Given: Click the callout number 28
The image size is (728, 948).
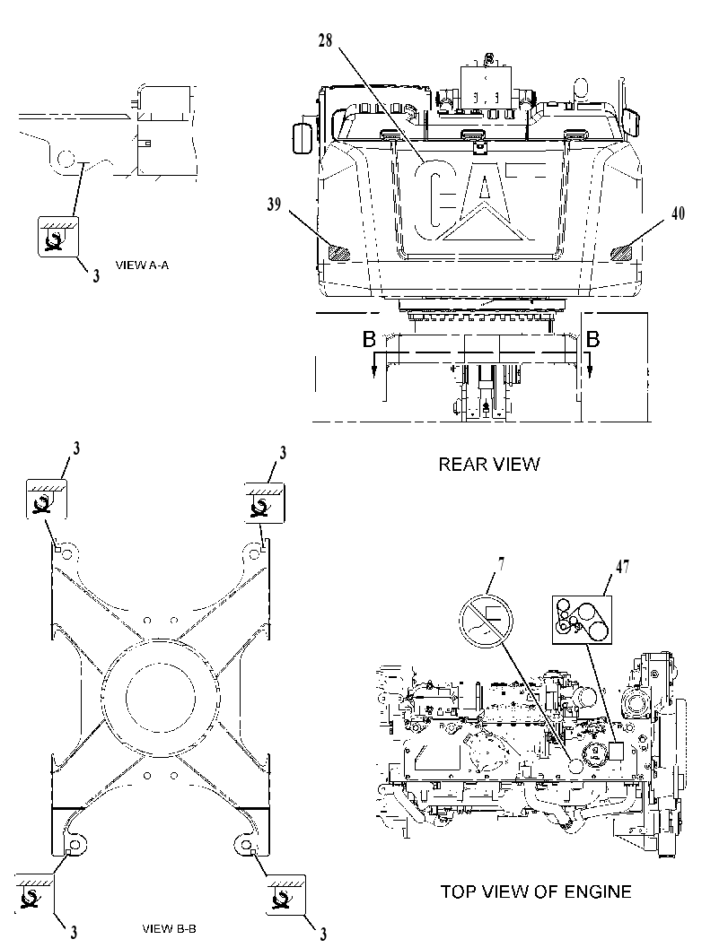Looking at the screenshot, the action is pos(325,42).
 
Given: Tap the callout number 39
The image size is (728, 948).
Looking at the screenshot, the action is pos(274,204).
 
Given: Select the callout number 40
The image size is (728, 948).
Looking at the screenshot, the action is pos(678,213).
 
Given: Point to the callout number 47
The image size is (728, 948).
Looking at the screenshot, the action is pos(622,567).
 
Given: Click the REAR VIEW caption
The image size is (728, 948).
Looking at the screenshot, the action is pos(489,465).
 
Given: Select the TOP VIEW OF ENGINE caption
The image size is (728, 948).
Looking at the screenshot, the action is pos(536,891).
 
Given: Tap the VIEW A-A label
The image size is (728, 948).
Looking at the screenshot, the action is pos(142,265).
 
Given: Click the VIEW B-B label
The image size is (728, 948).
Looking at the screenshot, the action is pos(169,928).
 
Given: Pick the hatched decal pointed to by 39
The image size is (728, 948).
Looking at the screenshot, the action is pos(336,252).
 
